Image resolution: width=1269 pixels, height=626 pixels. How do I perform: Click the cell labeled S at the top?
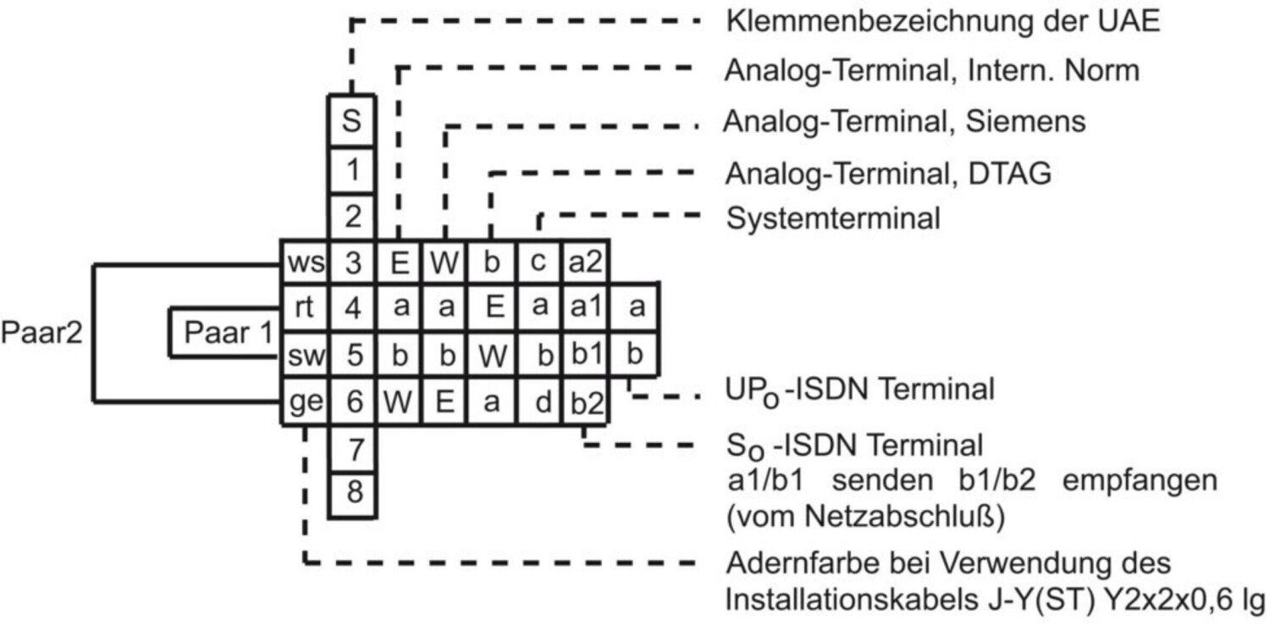click(x=352, y=121)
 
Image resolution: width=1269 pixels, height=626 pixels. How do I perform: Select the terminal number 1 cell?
click(x=352, y=170)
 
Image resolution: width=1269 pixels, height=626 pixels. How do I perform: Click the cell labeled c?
click(x=537, y=263)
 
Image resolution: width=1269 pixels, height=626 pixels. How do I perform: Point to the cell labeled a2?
click(x=584, y=263)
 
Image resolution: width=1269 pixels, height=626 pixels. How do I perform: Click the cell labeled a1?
click(x=584, y=308)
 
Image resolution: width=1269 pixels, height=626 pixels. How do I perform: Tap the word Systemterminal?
click(x=833, y=219)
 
